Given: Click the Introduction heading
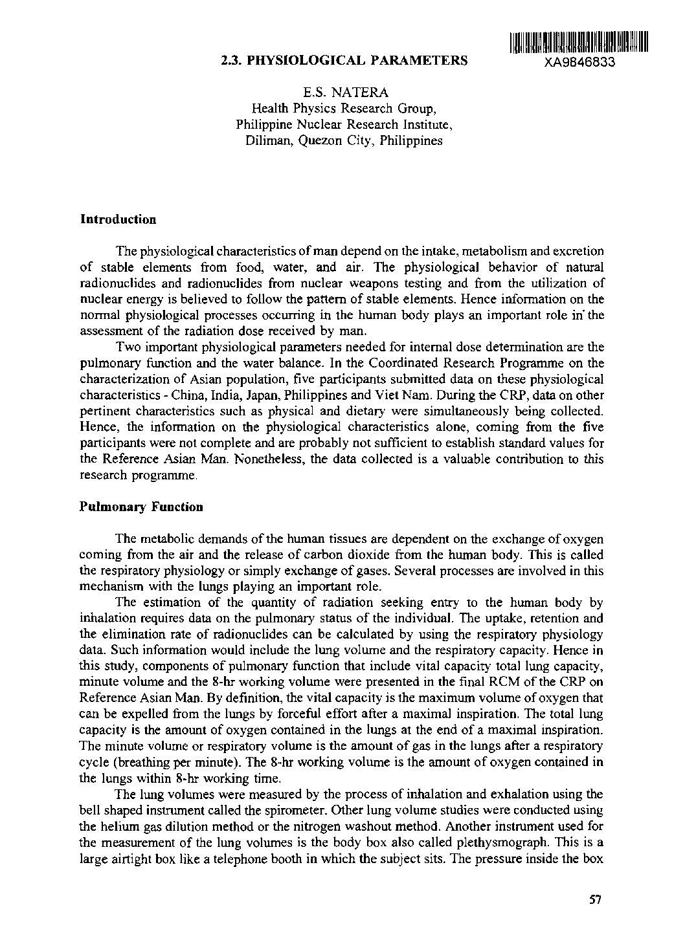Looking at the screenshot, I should coord(118,219).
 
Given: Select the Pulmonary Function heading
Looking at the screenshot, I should coord(141,507).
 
